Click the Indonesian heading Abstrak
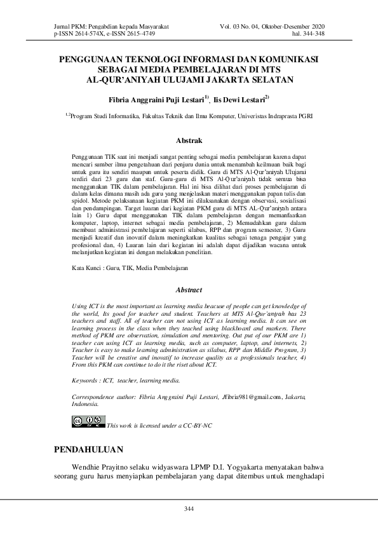[189, 140]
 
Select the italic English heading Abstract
[188, 290]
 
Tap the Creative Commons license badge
[88, 421]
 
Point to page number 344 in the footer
[189, 509]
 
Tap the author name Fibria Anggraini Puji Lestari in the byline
[156, 100]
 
